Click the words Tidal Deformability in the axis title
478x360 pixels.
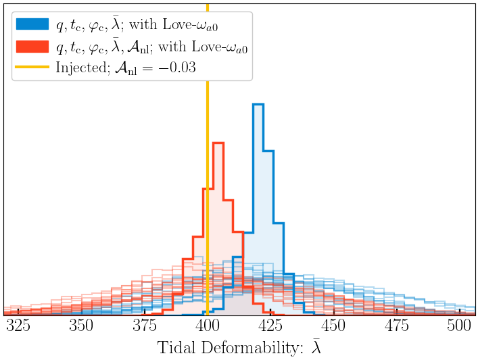229,348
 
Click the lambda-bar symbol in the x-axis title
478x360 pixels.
316,347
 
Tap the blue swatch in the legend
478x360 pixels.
32,24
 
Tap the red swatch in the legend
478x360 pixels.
32,46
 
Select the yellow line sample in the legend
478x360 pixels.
32,68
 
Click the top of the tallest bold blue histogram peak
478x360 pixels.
258,105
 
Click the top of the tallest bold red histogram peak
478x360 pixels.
218,143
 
